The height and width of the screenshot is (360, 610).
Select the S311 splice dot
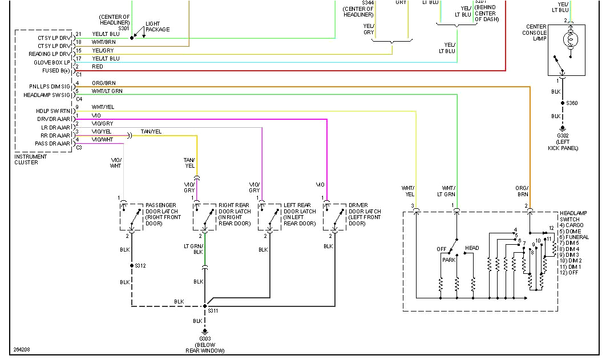pos(205,306)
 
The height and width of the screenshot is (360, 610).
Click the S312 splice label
pos(140,266)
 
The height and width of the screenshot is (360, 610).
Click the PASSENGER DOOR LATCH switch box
pos(132,216)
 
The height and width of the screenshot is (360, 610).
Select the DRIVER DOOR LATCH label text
pos(365,214)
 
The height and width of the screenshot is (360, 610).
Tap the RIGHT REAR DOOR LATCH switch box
pos(204,216)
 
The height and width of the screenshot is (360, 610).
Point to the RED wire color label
pos(98,67)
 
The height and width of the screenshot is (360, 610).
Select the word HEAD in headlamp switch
pos(472,248)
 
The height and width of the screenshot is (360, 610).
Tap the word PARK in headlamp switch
pos(449,260)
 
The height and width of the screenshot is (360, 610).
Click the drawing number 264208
pos(22,350)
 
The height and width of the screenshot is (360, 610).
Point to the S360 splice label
pos(572,103)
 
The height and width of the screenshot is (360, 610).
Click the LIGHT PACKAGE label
pos(157,27)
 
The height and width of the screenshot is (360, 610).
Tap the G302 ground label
pos(563,136)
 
